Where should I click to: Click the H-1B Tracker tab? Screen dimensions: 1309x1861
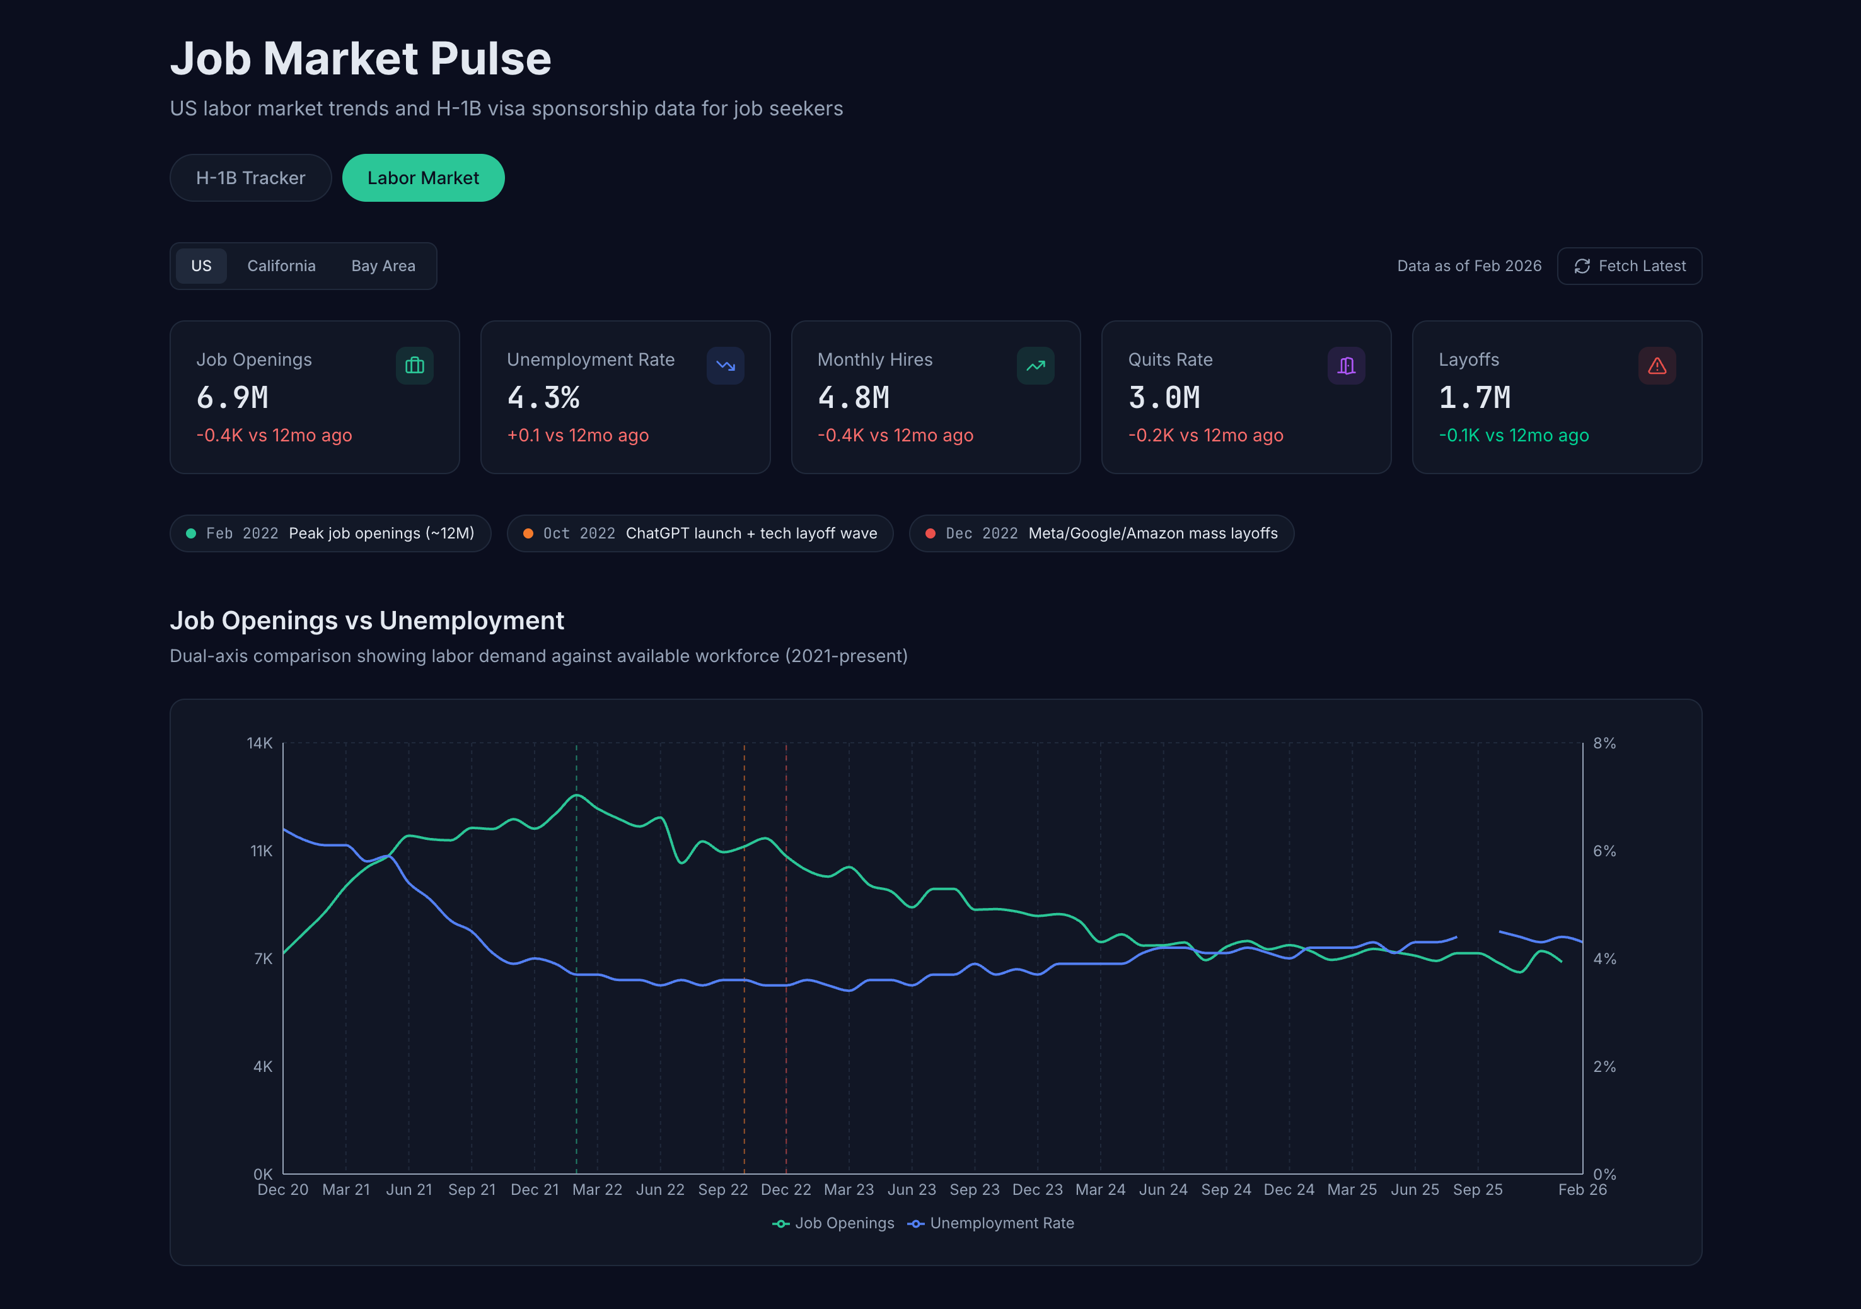click(x=250, y=178)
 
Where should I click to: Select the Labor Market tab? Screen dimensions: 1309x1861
click(x=422, y=178)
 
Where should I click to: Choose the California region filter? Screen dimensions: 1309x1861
click(x=281, y=266)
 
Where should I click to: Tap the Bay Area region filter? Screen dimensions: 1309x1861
click(x=383, y=266)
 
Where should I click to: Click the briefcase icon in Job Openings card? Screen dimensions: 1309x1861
click(x=414, y=366)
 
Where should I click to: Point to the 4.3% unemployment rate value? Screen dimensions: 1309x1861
click(x=543, y=397)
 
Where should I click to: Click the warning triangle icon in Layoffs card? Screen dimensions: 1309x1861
click(x=1656, y=366)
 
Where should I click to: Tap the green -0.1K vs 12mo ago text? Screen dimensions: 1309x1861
click(x=1513, y=435)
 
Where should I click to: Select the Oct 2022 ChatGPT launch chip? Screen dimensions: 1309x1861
click(x=700, y=533)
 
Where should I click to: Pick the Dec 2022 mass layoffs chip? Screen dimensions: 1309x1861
click(x=1101, y=533)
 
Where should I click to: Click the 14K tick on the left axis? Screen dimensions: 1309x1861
click(x=259, y=742)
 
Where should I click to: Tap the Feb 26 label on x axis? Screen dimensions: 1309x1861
click(x=1581, y=1189)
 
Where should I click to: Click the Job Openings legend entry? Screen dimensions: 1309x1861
click(x=834, y=1223)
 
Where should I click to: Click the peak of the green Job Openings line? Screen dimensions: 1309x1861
click(x=576, y=795)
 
